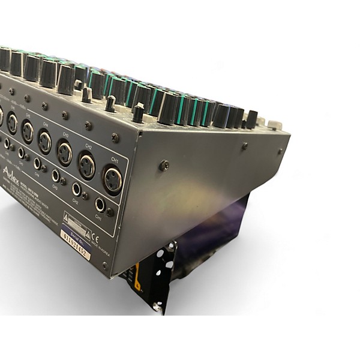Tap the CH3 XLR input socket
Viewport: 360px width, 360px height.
[x=64, y=154]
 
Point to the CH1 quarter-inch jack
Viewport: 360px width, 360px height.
[x=100, y=206]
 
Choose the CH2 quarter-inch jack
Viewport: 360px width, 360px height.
[x=77, y=190]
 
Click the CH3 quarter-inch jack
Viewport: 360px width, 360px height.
[x=56, y=176]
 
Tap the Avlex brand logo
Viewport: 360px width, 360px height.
[x=13, y=174]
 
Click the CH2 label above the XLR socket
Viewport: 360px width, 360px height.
[x=89, y=147]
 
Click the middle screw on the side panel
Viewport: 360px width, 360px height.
[x=244, y=146]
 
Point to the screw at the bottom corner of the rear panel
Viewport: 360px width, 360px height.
[x=105, y=264]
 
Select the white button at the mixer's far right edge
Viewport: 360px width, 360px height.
[x=274, y=125]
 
